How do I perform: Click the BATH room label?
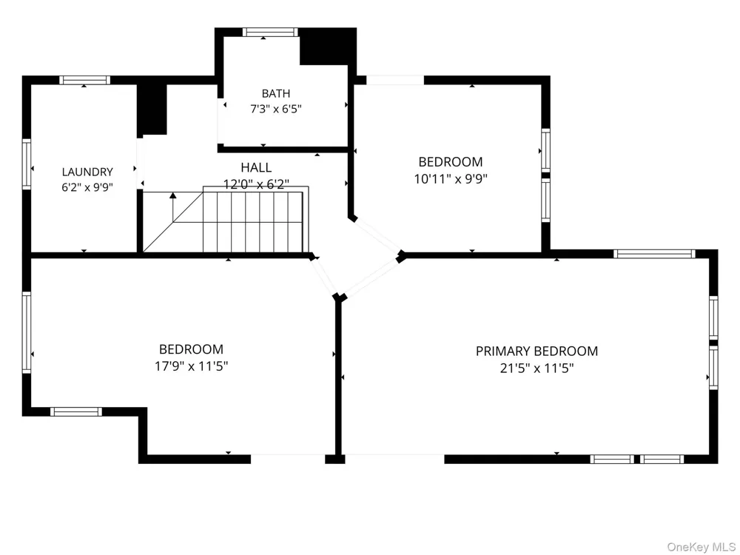pos(275,93)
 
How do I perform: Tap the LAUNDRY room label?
pos(87,172)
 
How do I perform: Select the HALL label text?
pos(256,167)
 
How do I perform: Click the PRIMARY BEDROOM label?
pos(536,351)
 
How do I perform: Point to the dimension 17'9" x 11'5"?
pos(191,366)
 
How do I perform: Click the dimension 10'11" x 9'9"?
pos(451,179)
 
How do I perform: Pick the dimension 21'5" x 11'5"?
pos(536,368)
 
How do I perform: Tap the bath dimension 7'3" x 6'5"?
pos(275,109)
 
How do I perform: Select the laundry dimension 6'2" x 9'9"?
pos(87,187)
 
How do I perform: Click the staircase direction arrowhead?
pos(172,195)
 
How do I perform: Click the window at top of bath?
pos(270,32)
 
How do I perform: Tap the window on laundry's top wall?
pos(84,80)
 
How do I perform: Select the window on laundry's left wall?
pos(27,164)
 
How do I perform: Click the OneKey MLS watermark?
pos(702,547)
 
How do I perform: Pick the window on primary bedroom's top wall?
pos(654,254)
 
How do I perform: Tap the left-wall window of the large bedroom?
pos(27,332)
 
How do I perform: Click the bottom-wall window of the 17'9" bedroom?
pos(76,412)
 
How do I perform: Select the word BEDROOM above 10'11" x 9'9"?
pos(451,162)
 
